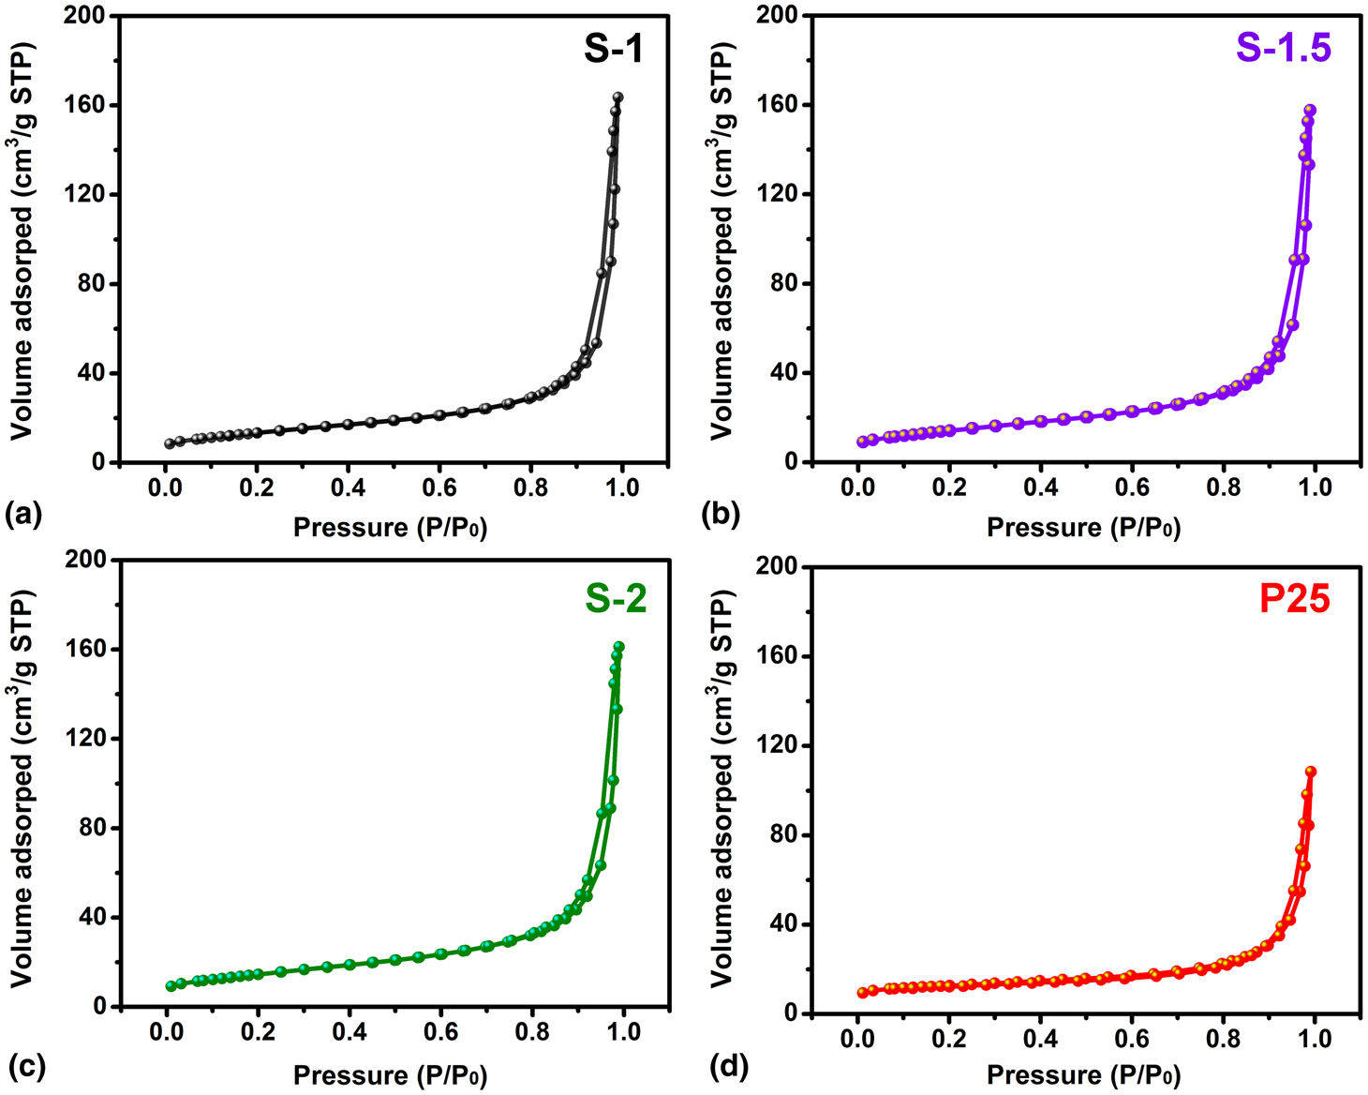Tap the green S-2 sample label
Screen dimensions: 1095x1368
pos(616,598)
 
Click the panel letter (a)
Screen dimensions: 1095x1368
pos(23,513)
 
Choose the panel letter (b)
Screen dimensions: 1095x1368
pos(721,513)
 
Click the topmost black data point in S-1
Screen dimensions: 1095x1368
pos(617,97)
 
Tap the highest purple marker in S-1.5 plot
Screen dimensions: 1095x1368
pos(1311,111)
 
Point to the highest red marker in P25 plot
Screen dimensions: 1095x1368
pos(1311,772)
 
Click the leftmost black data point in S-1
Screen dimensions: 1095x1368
pos(170,443)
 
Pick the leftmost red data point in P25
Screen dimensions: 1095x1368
pos(862,993)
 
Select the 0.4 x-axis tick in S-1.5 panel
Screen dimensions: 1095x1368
pos(1040,488)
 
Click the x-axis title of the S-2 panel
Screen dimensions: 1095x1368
pos(390,1074)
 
